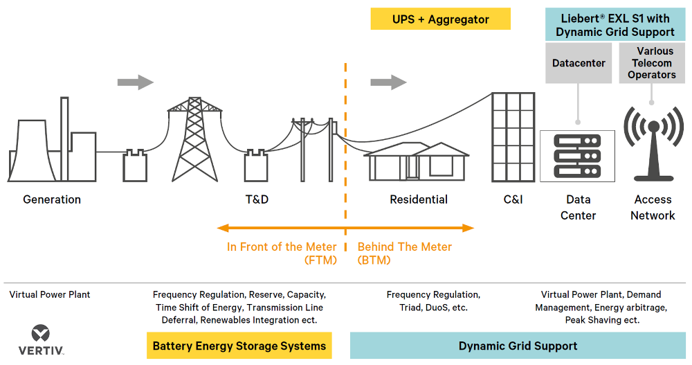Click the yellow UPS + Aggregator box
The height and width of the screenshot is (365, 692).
[x=440, y=19]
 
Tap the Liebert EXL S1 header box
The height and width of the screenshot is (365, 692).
[x=615, y=25]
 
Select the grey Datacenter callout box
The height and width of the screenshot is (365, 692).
[x=579, y=63]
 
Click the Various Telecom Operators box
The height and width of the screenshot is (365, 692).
[x=652, y=63]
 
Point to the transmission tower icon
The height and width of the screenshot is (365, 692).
[x=194, y=139]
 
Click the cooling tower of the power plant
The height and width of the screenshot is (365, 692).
[x=32, y=150]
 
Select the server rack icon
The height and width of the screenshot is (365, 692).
[x=577, y=156]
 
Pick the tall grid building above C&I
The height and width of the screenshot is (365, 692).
[x=513, y=137]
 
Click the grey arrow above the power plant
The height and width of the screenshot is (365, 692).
[x=136, y=82]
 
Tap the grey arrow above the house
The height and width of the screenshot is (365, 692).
[x=388, y=82]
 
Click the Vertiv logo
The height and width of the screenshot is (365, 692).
[x=41, y=340]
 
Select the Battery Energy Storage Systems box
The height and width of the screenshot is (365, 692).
[x=239, y=346]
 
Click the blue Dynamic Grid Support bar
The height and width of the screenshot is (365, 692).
[x=518, y=346]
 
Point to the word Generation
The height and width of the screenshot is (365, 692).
[x=52, y=199]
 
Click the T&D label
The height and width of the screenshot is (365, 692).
[x=257, y=199]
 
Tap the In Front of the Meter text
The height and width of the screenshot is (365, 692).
[x=282, y=253]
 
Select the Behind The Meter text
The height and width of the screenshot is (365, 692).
[x=405, y=253]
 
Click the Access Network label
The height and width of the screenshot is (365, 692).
[x=653, y=208]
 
